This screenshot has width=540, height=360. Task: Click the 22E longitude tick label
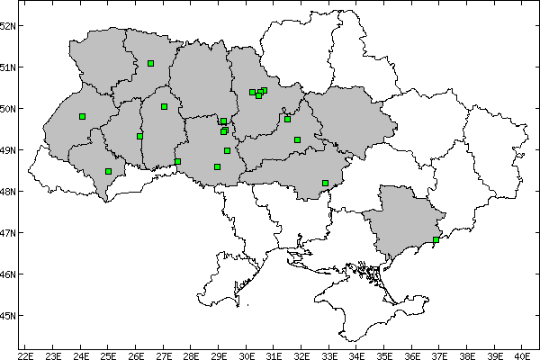pos(26,355)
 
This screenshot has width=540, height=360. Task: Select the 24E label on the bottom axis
pos(81,355)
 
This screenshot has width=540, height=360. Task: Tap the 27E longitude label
pos(164,355)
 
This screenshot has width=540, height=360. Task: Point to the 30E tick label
pos(247,355)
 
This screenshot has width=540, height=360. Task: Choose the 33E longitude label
pos(329,355)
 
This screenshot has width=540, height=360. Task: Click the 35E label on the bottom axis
pos(384,355)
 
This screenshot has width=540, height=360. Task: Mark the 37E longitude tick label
pos(439,355)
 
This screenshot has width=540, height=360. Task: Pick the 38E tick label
pos(467,355)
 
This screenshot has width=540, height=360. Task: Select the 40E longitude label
pos(522,355)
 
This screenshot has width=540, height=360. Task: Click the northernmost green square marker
pos(150,63)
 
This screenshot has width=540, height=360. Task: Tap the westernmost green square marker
pos(82,116)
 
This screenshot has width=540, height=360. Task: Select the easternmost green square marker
pos(436,239)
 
